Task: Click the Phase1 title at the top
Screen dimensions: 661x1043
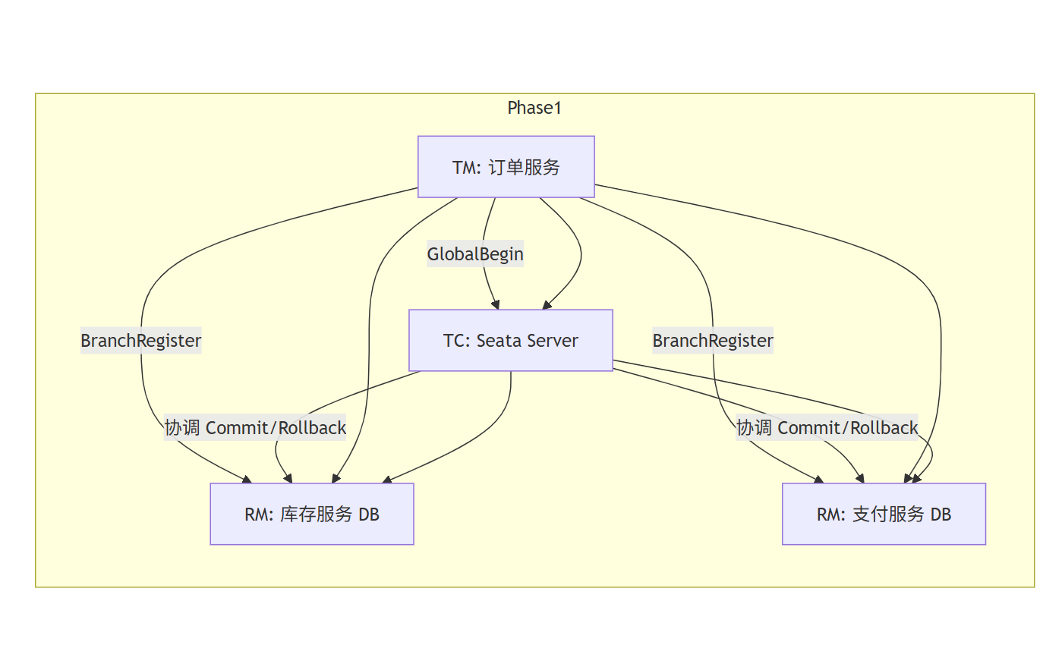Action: click(534, 108)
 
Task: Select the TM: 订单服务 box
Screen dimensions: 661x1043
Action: click(506, 167)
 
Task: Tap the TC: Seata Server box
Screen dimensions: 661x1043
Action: click(510, 341)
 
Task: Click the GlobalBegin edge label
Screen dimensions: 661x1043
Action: click(475, 254)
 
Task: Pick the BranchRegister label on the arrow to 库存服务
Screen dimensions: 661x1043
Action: click(141, 341)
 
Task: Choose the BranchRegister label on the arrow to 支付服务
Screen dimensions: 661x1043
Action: click(713, 341)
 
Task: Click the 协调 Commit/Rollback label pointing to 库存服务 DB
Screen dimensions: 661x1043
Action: click(255, 428)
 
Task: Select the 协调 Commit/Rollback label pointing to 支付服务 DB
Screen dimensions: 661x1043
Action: click(827, 428)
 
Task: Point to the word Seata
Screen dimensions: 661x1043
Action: click(499, 341)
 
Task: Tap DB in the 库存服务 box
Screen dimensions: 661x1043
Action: click(368, 515)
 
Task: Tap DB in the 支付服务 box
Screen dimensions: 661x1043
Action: click(941, 515)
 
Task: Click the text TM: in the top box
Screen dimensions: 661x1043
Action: click(466, 168)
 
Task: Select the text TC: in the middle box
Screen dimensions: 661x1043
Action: click(457, 341)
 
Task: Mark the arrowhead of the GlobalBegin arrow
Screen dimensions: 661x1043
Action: click(496, 305)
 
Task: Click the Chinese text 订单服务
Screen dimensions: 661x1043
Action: click(524, 167)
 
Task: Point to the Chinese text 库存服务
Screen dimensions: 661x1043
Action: click(316, 515)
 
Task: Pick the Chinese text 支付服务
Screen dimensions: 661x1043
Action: click(888, 515)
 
